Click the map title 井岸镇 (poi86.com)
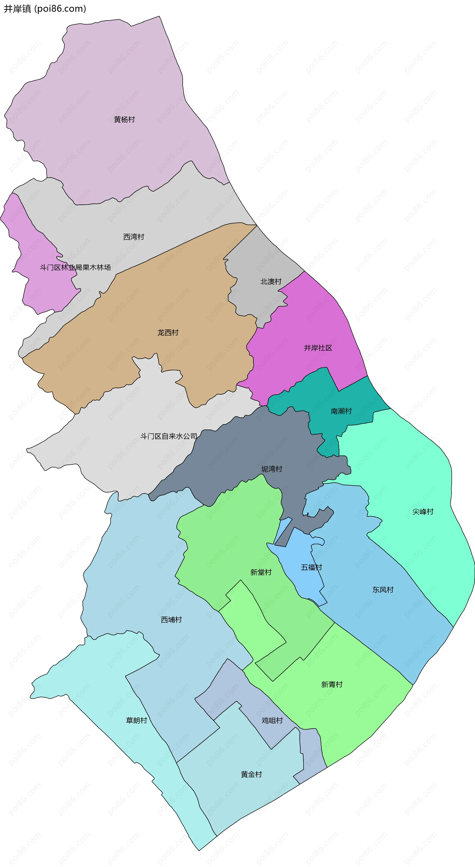pos(45,9)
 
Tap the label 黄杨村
pos(124,119)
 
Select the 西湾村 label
pos(134,237)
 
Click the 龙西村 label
pos(168,332)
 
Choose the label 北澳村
pos(271,281)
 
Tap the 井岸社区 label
pos(318,348)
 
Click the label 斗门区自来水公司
pos(169,436)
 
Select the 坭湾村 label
pos(272,469)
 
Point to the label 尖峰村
pos(423,512)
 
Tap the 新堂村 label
pos(261,572)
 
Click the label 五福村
pos(311,567)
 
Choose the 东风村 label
pos(383,590)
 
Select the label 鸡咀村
pos(272,721)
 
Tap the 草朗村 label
pos(136,720)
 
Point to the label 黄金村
pos(251,774)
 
